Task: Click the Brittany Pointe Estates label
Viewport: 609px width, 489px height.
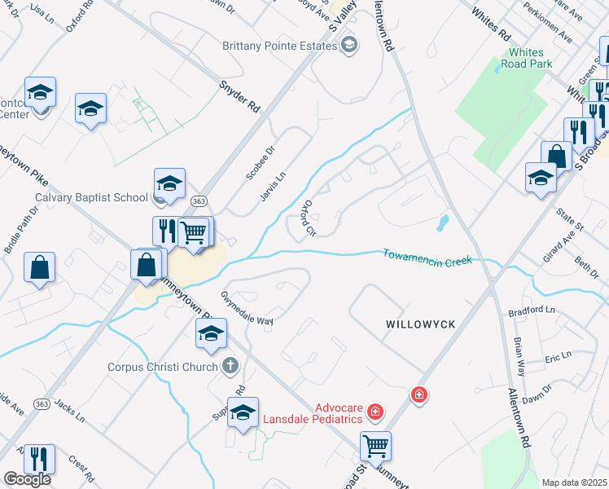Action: click(280, 46)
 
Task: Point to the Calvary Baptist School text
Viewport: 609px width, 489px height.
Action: click(90, 196)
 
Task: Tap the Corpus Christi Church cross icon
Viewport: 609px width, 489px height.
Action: click(230, 366)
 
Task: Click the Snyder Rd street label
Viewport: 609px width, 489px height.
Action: click(239, 95)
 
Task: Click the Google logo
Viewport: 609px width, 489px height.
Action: click(27, 479)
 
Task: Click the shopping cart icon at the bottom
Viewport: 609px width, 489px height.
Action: click(375, 445)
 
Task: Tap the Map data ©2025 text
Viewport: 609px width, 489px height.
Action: click(574, 482)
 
